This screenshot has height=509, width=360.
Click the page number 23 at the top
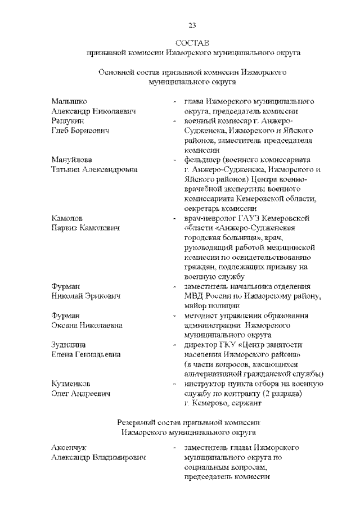coord(192,24)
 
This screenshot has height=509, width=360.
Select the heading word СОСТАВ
coord(192,43)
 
